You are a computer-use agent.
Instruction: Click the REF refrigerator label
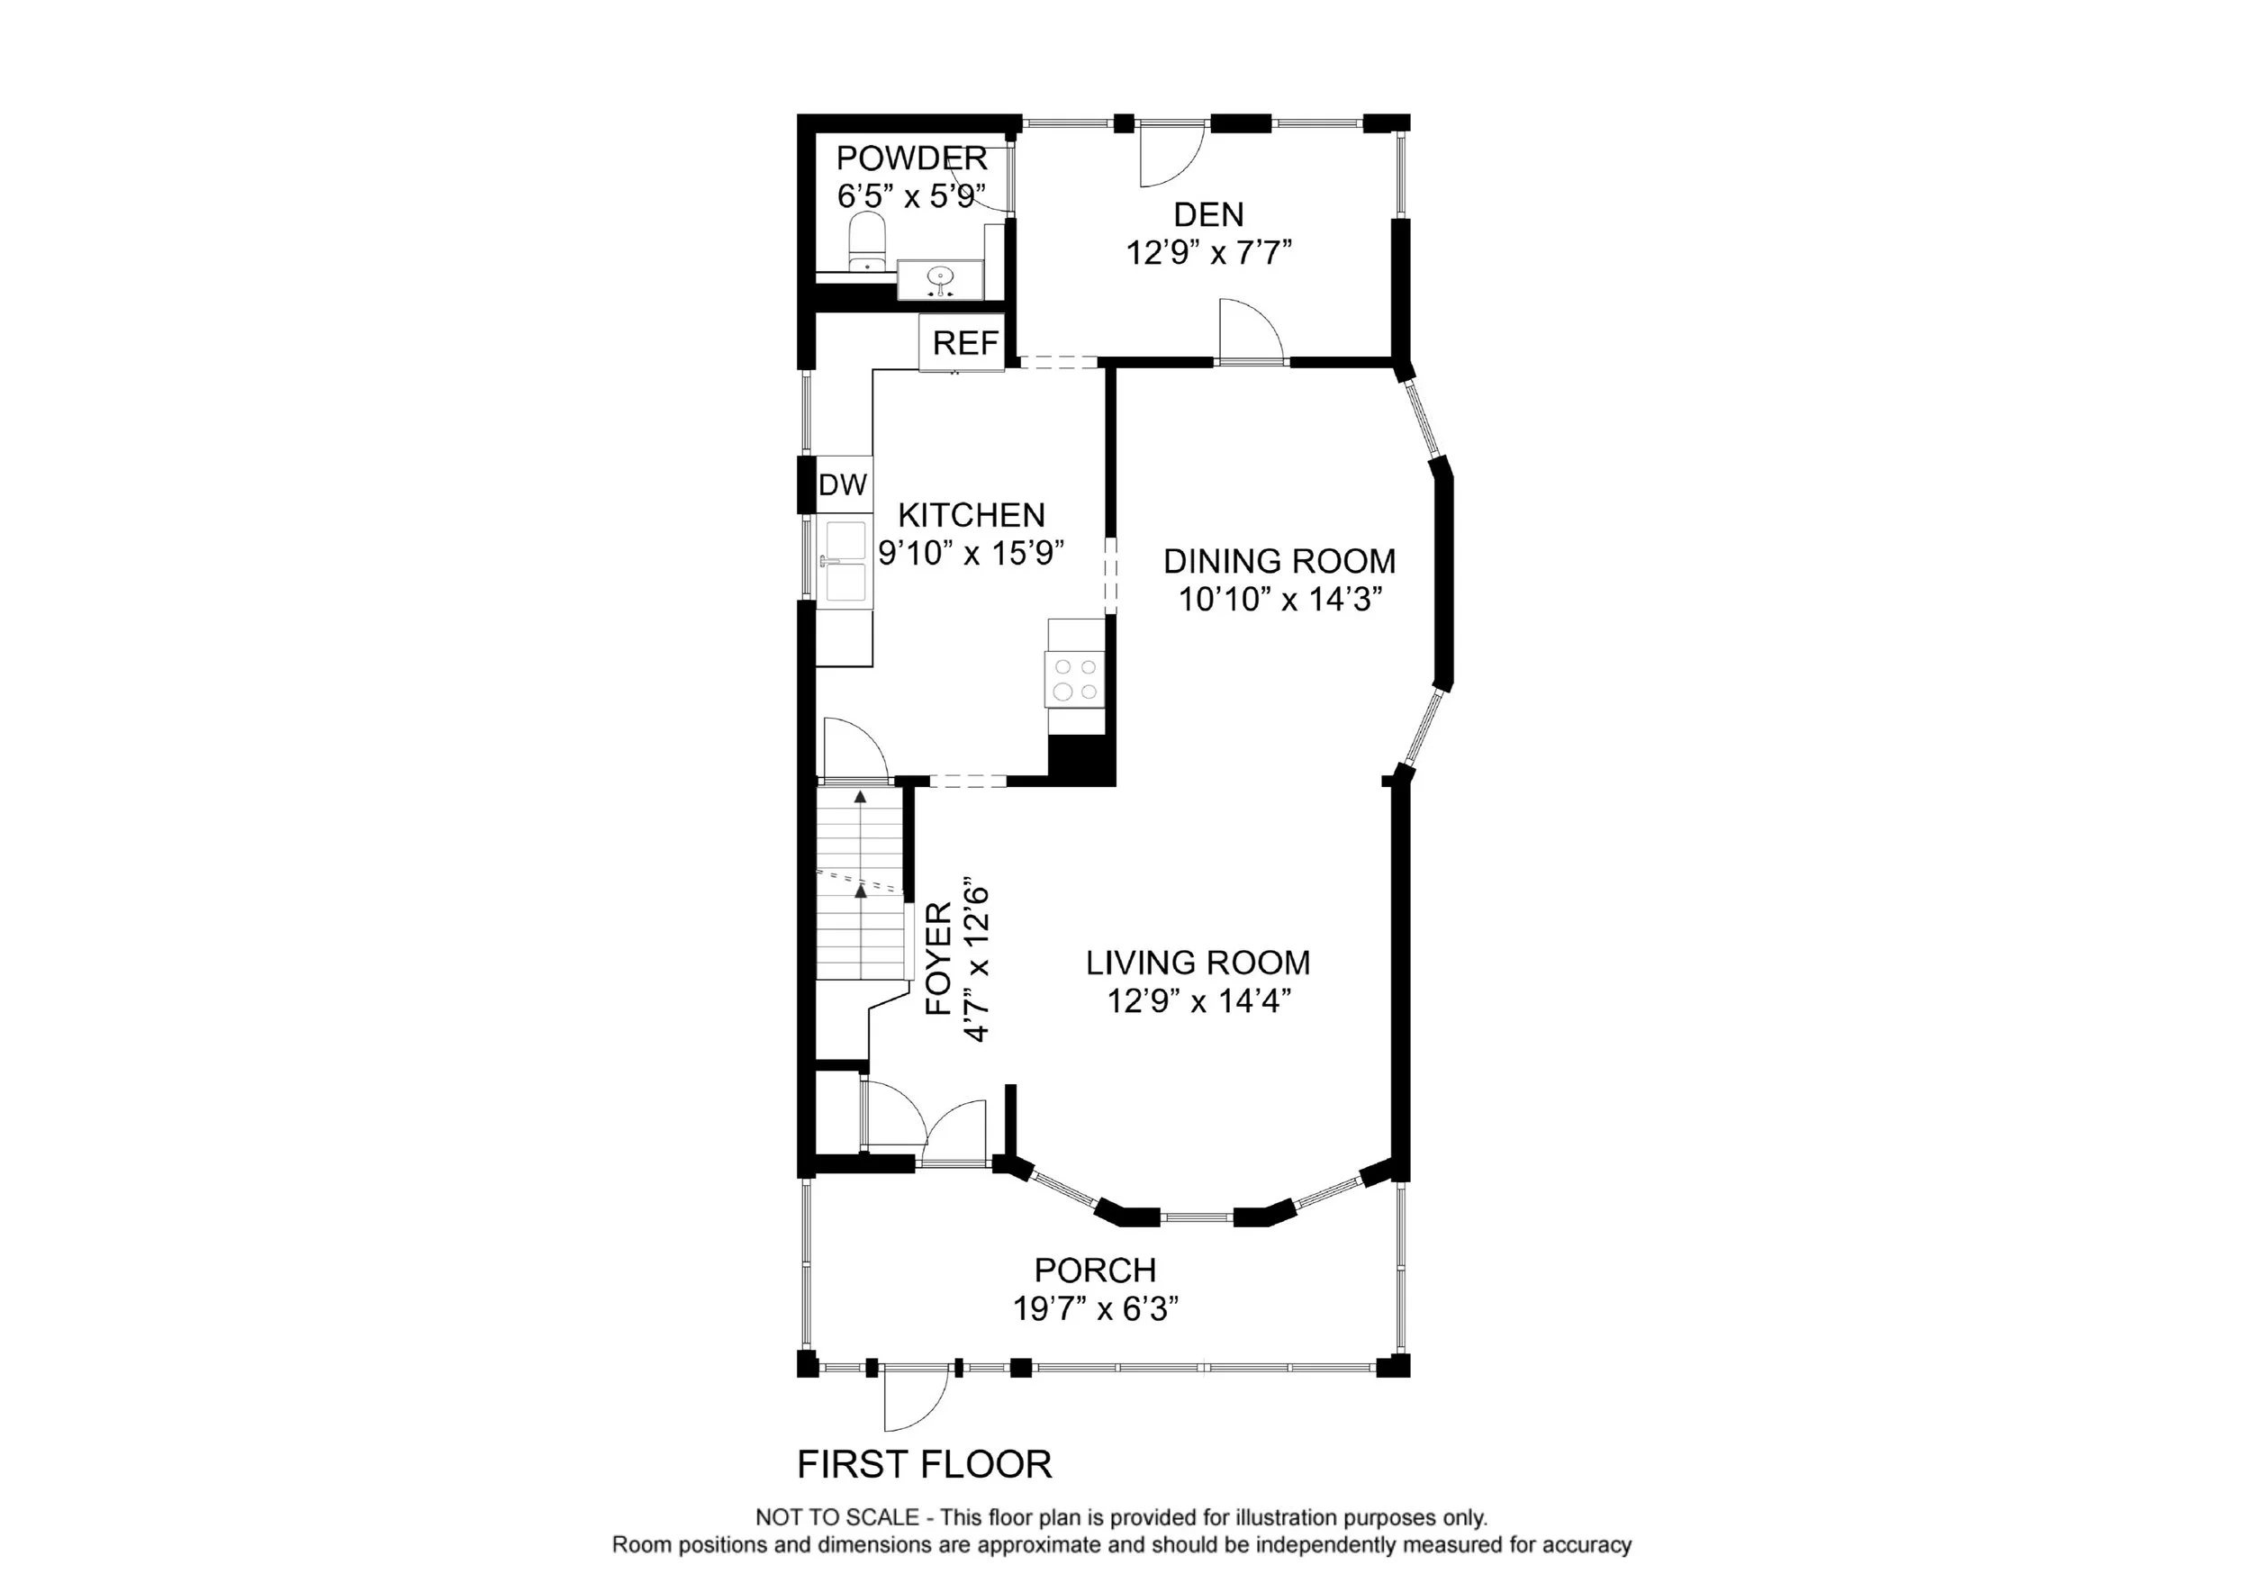coord(966,343)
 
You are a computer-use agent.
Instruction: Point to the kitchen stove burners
coord(1075,678)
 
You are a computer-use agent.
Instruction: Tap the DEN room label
coord(1209,214)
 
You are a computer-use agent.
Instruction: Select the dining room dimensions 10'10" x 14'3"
coord(1280,599)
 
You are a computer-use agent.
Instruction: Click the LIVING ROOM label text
coord(1198,963)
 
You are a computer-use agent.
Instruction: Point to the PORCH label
coord(1096,1271)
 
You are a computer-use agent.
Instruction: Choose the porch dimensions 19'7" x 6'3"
coord(1095,1308)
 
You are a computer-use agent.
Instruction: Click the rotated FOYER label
coord(939,959)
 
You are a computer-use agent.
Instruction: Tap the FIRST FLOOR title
coord(925,1464)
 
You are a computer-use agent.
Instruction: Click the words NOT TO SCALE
coord(837,1517)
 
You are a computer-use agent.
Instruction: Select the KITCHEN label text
coord(972,515)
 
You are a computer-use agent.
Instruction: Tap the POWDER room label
coord(912,158)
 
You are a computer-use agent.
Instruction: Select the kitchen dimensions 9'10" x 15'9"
coord(972,553)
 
